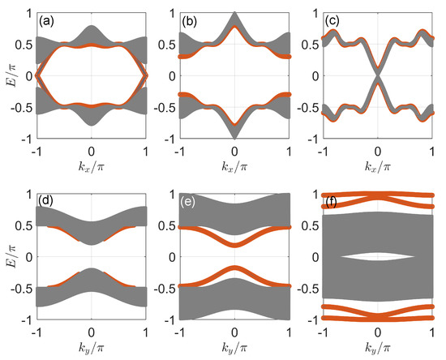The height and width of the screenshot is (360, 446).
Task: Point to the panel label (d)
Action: [x=46, y=200]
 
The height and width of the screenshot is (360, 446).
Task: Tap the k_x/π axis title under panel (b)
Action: [x=234, y=165]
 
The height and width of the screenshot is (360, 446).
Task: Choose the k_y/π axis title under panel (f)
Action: [x=377, y=347]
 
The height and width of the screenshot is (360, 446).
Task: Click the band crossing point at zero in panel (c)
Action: [x=377, y=76]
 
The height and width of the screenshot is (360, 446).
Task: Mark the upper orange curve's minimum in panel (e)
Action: [x=234, y=245]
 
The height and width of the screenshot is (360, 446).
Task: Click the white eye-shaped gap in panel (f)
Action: [x=377, y=257]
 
